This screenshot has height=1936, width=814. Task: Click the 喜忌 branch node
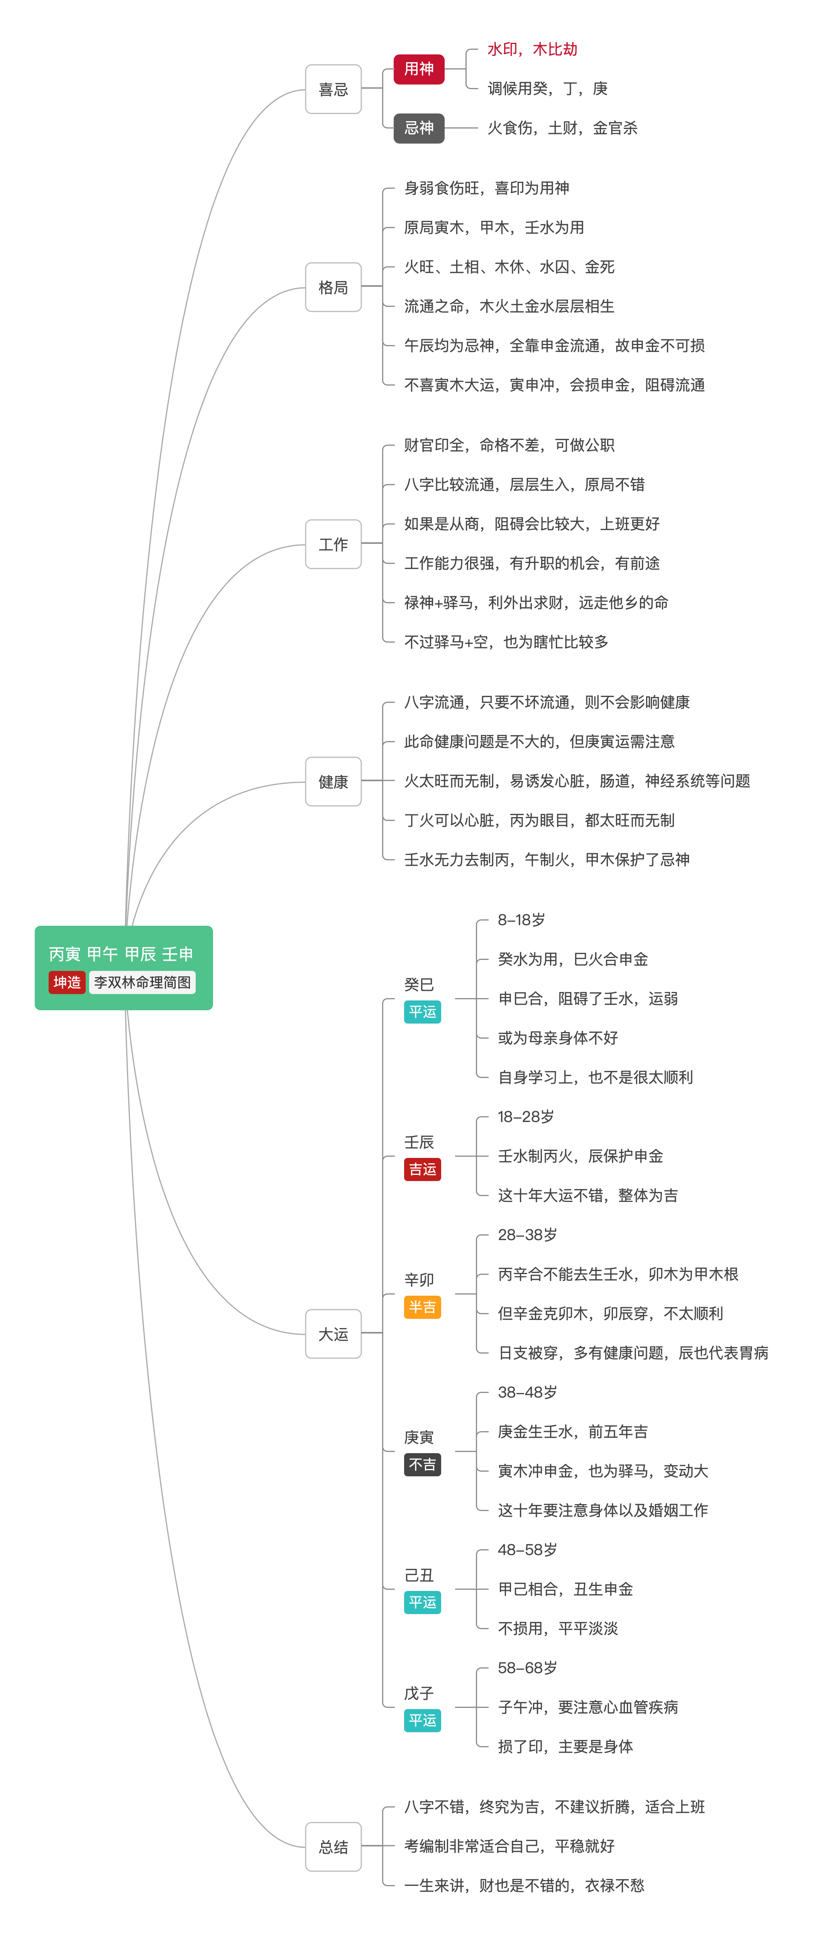tap(333, 90)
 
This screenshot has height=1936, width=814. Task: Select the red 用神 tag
tap(419, 69)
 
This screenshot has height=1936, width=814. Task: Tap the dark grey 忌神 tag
tap(419, 128)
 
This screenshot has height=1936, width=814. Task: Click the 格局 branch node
tap(333, 287)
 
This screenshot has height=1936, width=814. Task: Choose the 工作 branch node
tap(333, 544)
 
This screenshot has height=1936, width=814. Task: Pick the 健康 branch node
tap(333, 782)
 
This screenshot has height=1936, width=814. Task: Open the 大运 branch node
tap(333, 1334)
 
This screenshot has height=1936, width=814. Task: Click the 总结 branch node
tap(333, 1846)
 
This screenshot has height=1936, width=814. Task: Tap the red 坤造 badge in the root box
tap(67, 982)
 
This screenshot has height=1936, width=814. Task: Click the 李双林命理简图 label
tap(142, 982)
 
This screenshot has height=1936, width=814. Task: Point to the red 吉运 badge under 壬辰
tap(422, 1169)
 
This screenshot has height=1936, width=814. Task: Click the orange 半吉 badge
tap(422, 1307)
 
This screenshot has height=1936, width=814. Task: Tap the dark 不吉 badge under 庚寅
tap(422, 1464)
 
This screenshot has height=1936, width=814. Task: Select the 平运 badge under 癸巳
tap(422, 1012)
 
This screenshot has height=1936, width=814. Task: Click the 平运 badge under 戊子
tap(422, 1720)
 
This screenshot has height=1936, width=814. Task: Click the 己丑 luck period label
tap(419, 1575)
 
